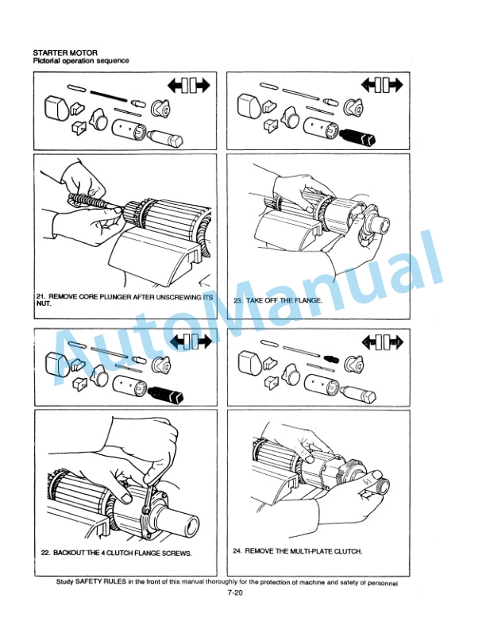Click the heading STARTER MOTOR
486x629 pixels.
(x=65, y=52)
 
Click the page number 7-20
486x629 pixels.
(x=235, y=593)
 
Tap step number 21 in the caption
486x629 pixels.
(x=40, y=297)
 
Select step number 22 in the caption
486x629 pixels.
(x=45, y=553)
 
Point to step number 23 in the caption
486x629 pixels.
(x=238, y=300)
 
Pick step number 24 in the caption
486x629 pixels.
(x=237, y=551)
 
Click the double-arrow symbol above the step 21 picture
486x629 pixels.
(x=188, y=85)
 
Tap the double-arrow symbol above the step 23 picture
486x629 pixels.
(x=382, y=85)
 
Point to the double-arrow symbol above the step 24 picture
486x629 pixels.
(x=383, y=342)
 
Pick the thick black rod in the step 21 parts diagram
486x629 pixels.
(x=109, y=96)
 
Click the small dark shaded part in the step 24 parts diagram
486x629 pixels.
(x=331, y=359)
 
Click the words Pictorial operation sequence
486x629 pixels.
(x=81, y=60)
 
